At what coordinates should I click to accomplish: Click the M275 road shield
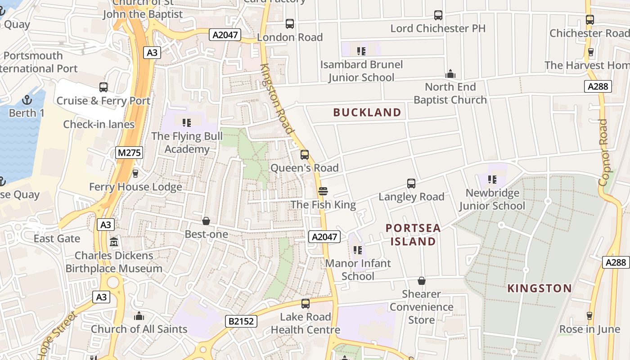pos(129,153)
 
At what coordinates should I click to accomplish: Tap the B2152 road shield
pos(242,321)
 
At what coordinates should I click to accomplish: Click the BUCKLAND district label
pos(367,112)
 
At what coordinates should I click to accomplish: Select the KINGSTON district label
pos(540,288)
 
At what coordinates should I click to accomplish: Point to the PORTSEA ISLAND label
pos(413,235)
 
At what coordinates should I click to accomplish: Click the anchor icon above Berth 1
pos(27,100)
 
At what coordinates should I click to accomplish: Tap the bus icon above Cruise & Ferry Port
pos(103,87)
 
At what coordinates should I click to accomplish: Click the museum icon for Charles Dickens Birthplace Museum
pos(114,242)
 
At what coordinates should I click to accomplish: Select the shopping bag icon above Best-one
pos(206,221)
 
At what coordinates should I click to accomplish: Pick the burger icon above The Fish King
pos(323,191)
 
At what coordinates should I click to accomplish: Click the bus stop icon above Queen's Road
pos(305,155)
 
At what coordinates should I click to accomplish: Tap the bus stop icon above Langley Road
pos(411,183)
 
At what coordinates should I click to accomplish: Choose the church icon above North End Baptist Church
pos(450,73)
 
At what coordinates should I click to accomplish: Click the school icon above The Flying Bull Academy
pos(187,122)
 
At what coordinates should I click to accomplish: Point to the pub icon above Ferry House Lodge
pos(135,173)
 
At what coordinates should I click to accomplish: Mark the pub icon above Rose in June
pos(589,316)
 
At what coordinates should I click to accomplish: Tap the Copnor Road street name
pos(604,152)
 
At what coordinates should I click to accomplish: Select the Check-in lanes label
pos(99,125)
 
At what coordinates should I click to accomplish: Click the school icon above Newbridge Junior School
pos(492,180)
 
